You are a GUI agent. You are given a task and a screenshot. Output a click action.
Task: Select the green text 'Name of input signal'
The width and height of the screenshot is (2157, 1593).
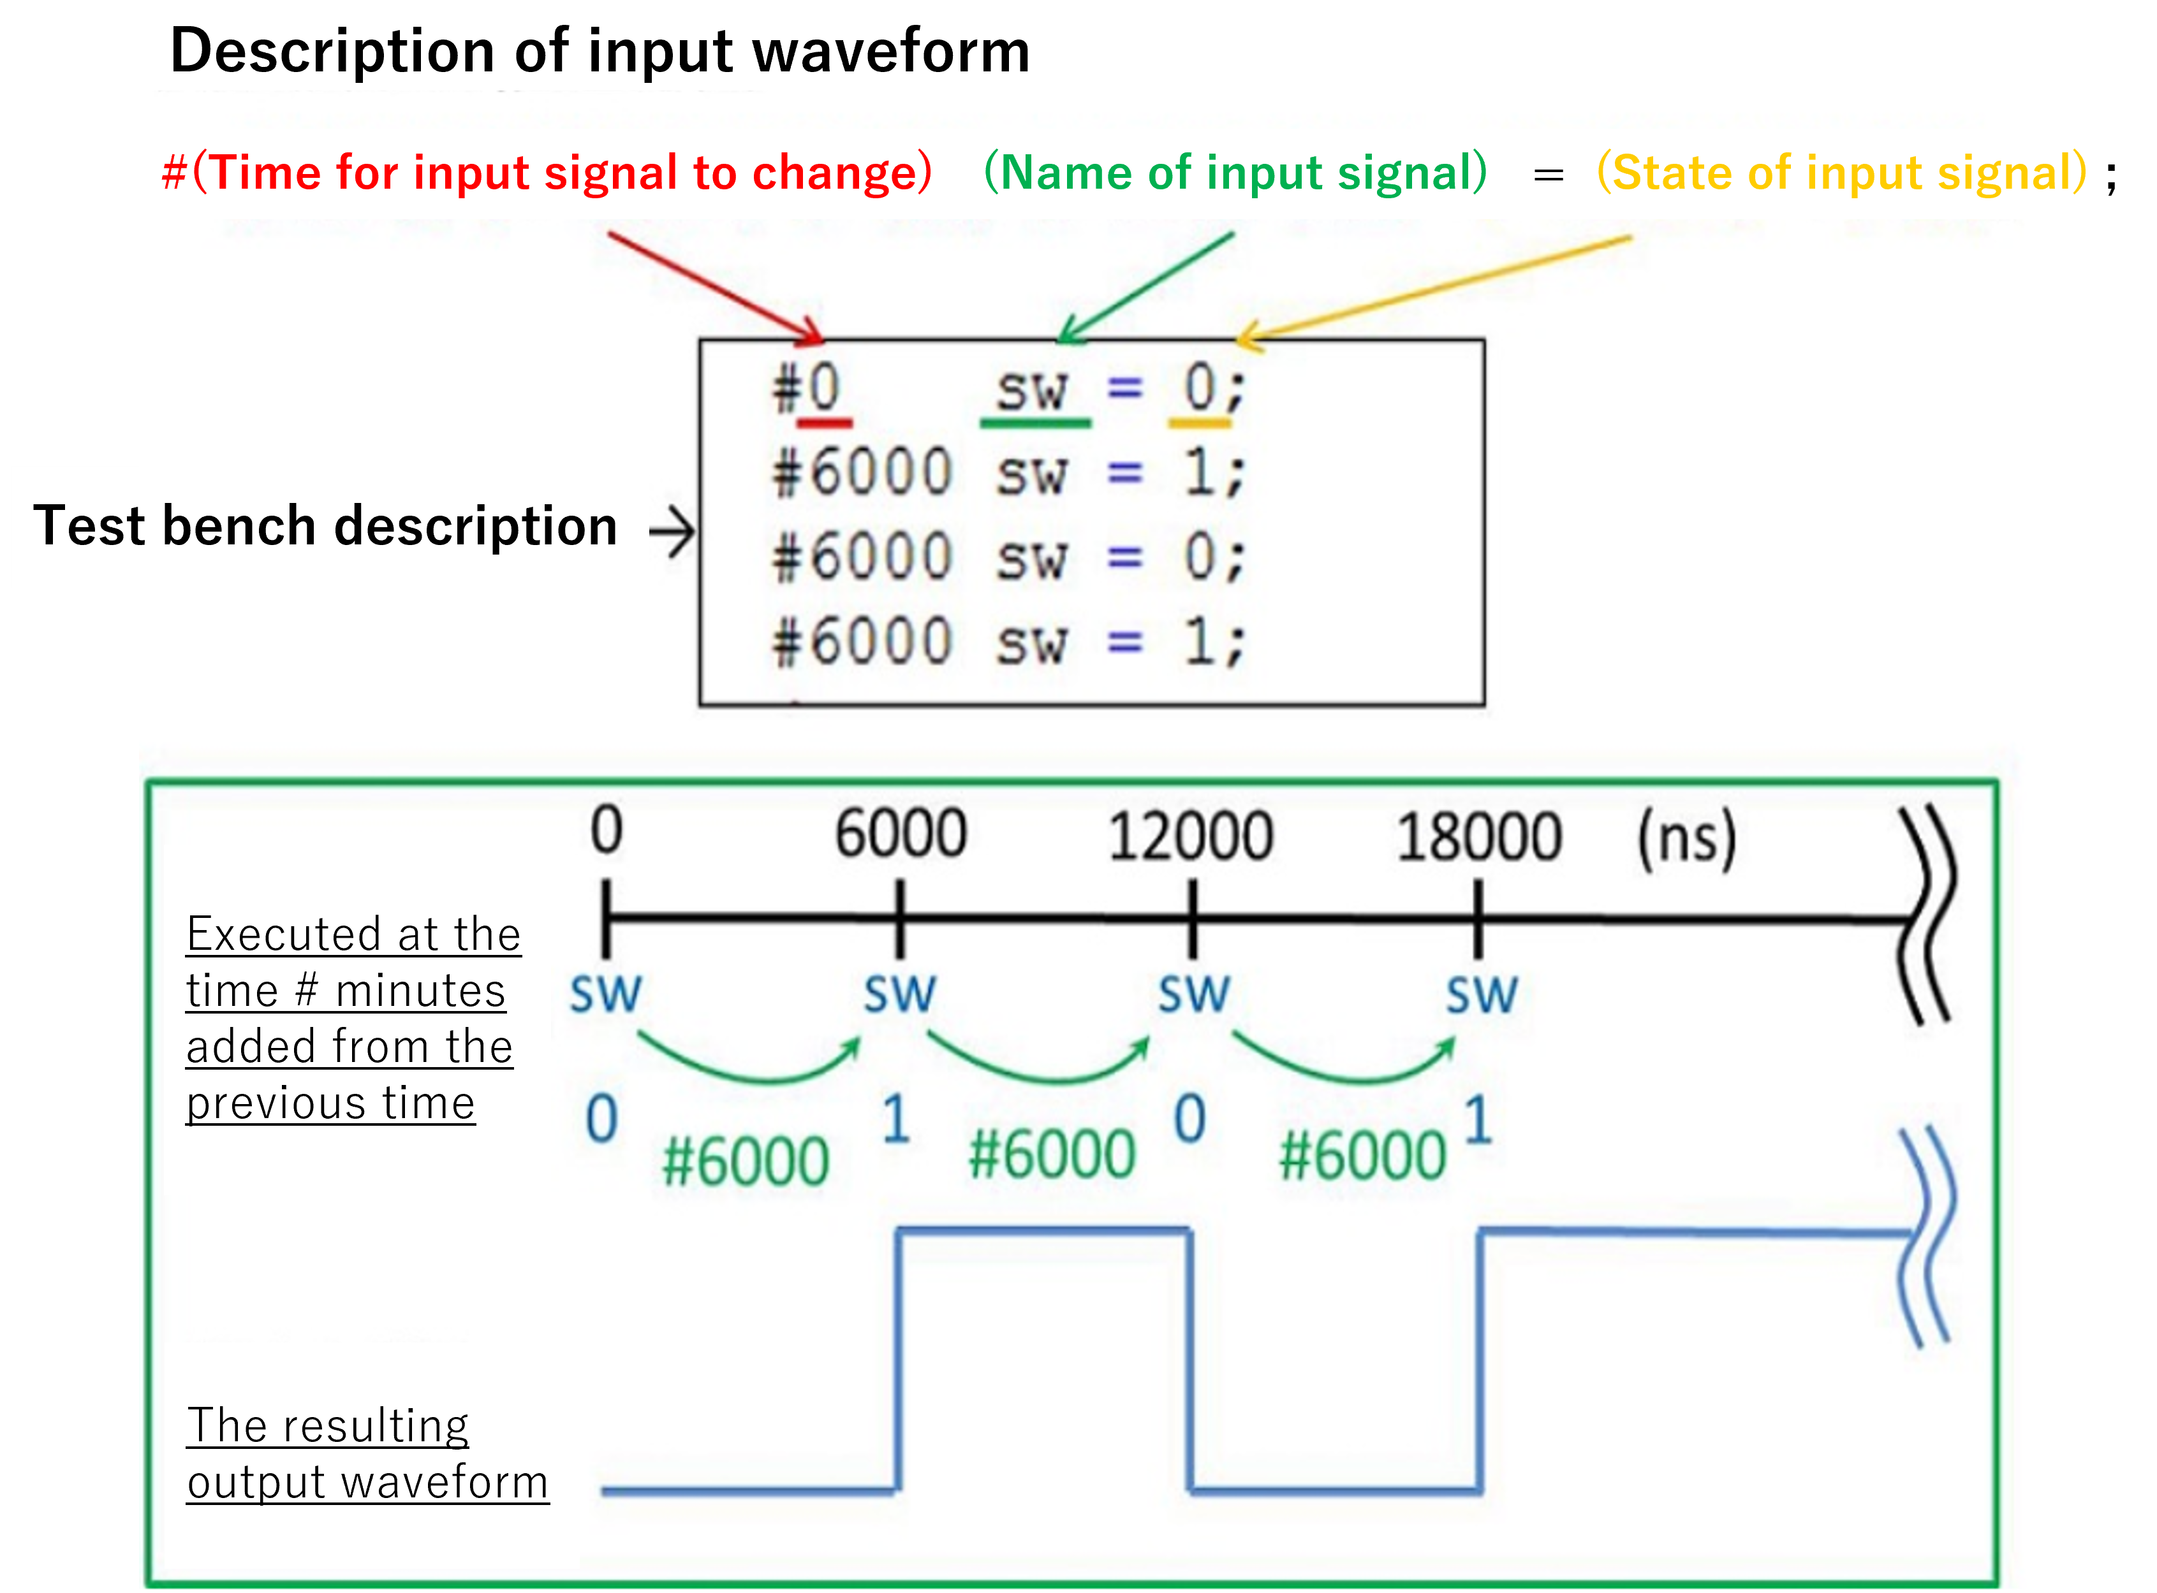click(x=1235, y=173)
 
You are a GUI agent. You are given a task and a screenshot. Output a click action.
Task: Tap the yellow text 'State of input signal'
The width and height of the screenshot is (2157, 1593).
click(x=1843, y=173)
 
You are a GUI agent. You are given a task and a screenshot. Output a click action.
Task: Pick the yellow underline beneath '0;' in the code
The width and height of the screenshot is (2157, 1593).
click(x=1199, y=423)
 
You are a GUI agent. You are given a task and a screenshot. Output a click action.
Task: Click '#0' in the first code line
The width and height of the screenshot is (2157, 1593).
click(x=806, y=389)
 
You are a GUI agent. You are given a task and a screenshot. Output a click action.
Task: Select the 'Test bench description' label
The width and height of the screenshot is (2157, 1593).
click(x=325, y=527)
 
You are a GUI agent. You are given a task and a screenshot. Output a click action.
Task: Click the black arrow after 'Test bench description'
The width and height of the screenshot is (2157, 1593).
click(x=672, y=532)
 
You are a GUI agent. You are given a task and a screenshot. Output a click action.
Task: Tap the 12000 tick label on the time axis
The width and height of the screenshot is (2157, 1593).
click(x=1189, y=836)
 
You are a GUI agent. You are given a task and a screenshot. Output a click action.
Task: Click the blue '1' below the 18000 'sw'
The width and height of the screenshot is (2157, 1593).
click(x=1478, y=1121)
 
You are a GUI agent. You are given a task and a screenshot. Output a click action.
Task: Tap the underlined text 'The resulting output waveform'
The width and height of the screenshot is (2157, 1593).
click(x=367, y=1453)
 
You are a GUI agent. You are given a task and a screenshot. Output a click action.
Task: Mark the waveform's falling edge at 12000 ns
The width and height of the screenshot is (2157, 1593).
click(x=1190, y=1360)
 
